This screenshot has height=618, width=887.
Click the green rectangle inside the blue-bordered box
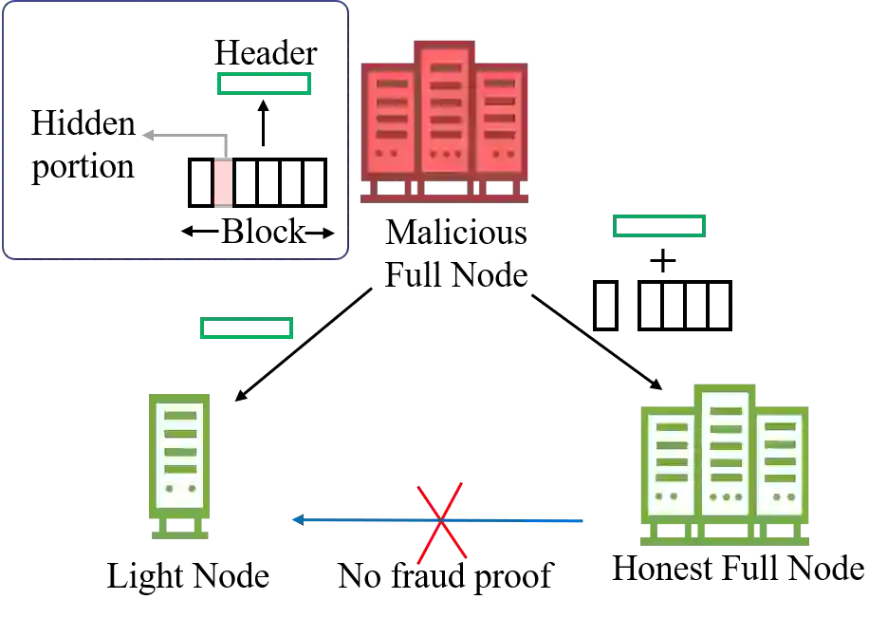click(x=262, y=84)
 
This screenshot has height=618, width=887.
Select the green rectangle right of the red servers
click(x=656, y=226)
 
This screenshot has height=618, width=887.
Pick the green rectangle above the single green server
click(x=247, y=328)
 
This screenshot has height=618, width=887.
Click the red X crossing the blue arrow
click(x=440, y=523)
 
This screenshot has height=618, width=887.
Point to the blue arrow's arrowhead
click(x=298, y=519)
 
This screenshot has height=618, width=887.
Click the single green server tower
click(x=178, y=456)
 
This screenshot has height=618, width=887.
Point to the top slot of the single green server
click(x=179, y=416)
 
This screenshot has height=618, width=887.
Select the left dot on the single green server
click(x=168, y=488)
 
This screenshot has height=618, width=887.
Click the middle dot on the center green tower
click(x=726, y=496)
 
